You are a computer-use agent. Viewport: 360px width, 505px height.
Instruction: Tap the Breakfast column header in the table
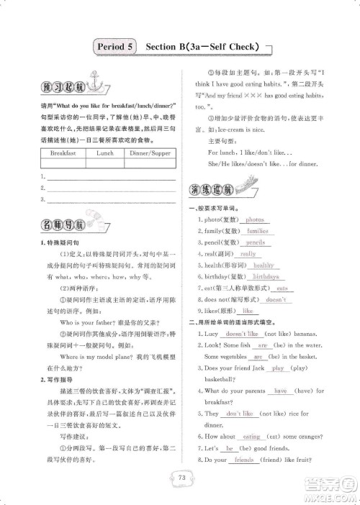[x=63, y=153]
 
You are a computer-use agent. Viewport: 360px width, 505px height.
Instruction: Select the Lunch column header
[x=105, y=153]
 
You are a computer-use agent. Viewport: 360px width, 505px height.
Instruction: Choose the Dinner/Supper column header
[x=150, y=153]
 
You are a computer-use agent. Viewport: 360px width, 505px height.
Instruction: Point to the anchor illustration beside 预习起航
[x=91, y=78]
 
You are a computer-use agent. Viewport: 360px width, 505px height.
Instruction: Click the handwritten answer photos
[x=254, y=219]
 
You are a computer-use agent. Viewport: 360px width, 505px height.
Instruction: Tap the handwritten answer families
[x=257, y=231]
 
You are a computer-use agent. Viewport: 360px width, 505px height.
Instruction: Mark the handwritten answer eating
[x=251, y=436]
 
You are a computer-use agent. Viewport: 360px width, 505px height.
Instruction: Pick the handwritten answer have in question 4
[x=280, y=391]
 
